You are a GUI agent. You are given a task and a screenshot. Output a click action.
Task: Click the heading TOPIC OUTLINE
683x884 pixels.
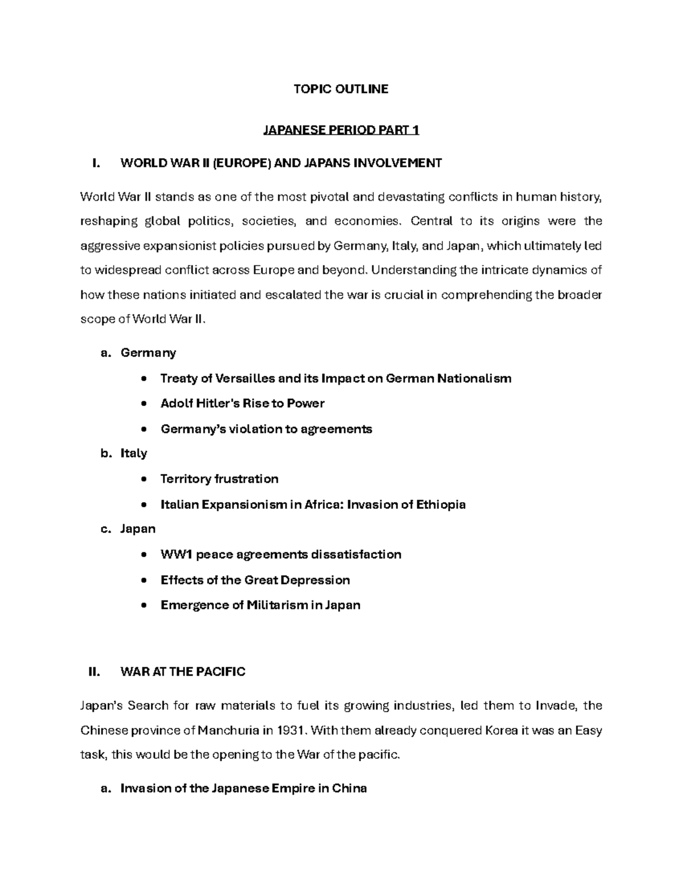coord(340,89)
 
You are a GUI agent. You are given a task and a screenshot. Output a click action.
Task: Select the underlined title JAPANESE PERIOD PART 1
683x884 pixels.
coord(340,130)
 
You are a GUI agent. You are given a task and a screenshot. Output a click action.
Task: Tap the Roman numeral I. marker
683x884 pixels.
coord(96,164)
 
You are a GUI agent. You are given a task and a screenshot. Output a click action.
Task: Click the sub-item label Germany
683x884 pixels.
coord(148,353)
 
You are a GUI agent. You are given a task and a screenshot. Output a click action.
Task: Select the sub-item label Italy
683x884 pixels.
coord(134,454)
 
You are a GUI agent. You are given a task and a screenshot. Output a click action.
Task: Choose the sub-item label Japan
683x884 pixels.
coord(138,529)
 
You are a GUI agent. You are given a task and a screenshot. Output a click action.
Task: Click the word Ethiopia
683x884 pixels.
coord(441,504)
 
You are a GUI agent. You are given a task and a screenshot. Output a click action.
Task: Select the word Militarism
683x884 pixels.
coord(277,605)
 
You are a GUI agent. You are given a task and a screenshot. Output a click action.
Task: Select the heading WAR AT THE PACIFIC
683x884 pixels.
coord(183,672)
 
